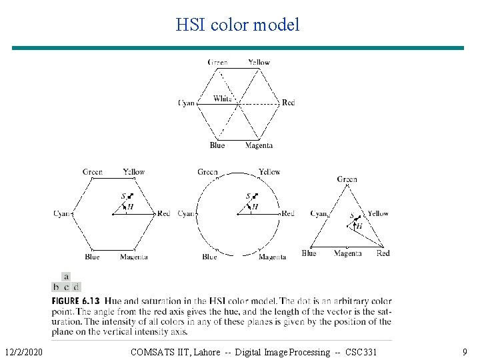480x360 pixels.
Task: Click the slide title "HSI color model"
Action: click(237, 25)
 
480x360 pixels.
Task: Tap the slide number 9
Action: click(465, 351)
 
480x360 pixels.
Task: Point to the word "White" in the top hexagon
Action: click(223, 99)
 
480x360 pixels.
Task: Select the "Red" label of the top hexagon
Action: click(288, 103)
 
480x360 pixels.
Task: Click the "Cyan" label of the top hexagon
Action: click(187, 103)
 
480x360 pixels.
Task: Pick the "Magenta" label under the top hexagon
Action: click(259, 145)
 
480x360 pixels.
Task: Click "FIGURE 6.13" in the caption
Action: click(76, 301)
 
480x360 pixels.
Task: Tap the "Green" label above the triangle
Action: click(347, 179)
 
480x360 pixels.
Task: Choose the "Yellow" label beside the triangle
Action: click(378, 213)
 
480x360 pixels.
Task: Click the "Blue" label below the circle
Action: click(209, 257)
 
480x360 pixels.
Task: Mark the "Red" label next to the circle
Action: click(288, 213)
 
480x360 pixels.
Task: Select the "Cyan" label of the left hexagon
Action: click(63, 213)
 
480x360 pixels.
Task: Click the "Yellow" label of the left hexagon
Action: click(133, 172)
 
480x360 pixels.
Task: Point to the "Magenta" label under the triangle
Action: click(347, 253)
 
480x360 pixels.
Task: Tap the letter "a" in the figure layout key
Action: click(66, 276)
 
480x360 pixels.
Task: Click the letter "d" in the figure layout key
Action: click(76, 287)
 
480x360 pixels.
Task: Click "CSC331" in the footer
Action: click(361, 351)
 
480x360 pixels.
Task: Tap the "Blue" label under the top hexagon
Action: click(217, 145)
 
